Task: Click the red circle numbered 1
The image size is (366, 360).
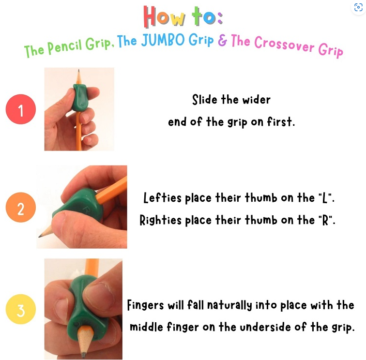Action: click(21, 109)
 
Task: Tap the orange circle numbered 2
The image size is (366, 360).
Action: click(21, 207)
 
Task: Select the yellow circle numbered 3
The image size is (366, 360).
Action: click(21, 309)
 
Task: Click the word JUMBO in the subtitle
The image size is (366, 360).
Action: click(163, 40)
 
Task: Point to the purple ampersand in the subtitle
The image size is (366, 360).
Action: click(222, 40)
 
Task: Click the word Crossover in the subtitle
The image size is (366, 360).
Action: click(284, 45)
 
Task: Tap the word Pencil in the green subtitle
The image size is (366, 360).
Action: click(65, 46)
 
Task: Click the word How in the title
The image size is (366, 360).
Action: click(164, 16)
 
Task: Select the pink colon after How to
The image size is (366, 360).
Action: click(220, 18)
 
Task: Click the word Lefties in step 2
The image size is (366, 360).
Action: click(162, 197)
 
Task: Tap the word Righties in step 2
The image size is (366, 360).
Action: click(160, 221)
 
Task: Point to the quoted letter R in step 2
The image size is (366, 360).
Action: click(325, 220)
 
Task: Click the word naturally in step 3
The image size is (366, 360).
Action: click(229, 305)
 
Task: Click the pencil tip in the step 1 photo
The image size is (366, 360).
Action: click(78, 71)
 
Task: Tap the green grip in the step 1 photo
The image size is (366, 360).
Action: click(79, 97)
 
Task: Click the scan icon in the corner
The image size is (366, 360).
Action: click(358, 7)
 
